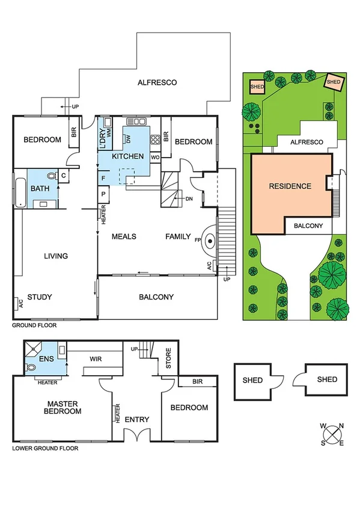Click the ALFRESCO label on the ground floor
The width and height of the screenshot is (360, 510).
157,82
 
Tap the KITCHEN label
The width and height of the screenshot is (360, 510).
127,156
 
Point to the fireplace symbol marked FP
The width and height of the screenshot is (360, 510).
210,241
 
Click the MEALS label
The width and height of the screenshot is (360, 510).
124,236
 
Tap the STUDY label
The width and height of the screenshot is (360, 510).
40,297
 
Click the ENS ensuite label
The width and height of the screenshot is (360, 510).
46,359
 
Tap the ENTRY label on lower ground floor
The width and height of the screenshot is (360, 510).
136,419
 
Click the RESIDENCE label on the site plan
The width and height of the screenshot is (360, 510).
290,186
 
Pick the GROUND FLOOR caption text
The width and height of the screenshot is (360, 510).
34,325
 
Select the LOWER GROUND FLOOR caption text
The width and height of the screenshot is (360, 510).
45,448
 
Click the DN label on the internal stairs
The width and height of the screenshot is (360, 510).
189,198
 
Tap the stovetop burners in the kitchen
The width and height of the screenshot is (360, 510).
154,140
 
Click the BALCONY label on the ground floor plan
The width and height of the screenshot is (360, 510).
156,296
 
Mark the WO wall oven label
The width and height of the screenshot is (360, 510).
154,158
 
